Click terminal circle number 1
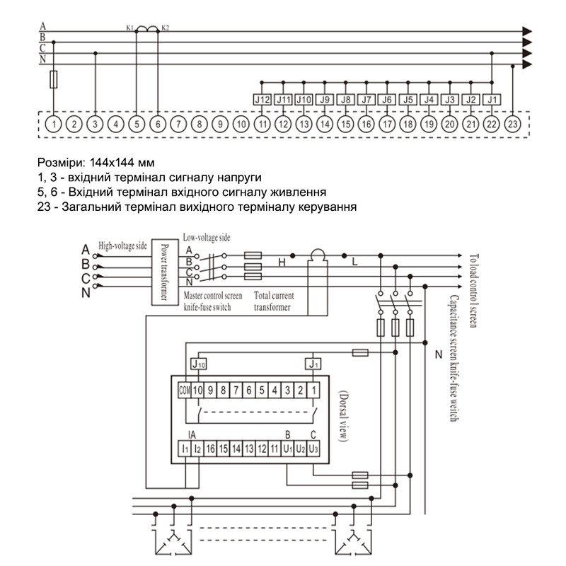pyautogui.click(x=54, y=125)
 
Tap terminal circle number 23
pyautogui.click(x=512, y=125)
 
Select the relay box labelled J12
pyautogui.click(x=262, y=100)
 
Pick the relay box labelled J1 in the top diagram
pyautogui.click(x=492, y=100)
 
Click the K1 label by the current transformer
pyautogui.click(x=130, y=28)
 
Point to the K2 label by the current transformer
pyautogui.click(x=165, y=28)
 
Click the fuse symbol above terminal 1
pyautogui.click(x=54, y=79)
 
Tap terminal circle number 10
pyautogui.click(x=241, y=125)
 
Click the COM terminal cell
pyautogui.click(x=185, y=391)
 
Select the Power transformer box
pyautogui.click(x=165, y=272)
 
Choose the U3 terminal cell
pyautogui.click(x=313, y=449)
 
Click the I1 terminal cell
pyautogui.click(x=185, y=449)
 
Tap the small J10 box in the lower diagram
pyautogui.click(x=198, y=364)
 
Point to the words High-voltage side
pyautogui.click(x=122, y=246)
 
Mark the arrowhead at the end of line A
pyautogui.click(x=527, y=31)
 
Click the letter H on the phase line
pyautogui.click(x=282, y=262)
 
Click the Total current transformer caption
pyautogui.click(x=274, y=301)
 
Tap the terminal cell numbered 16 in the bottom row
pyautogui.click(x=210, y=449)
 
